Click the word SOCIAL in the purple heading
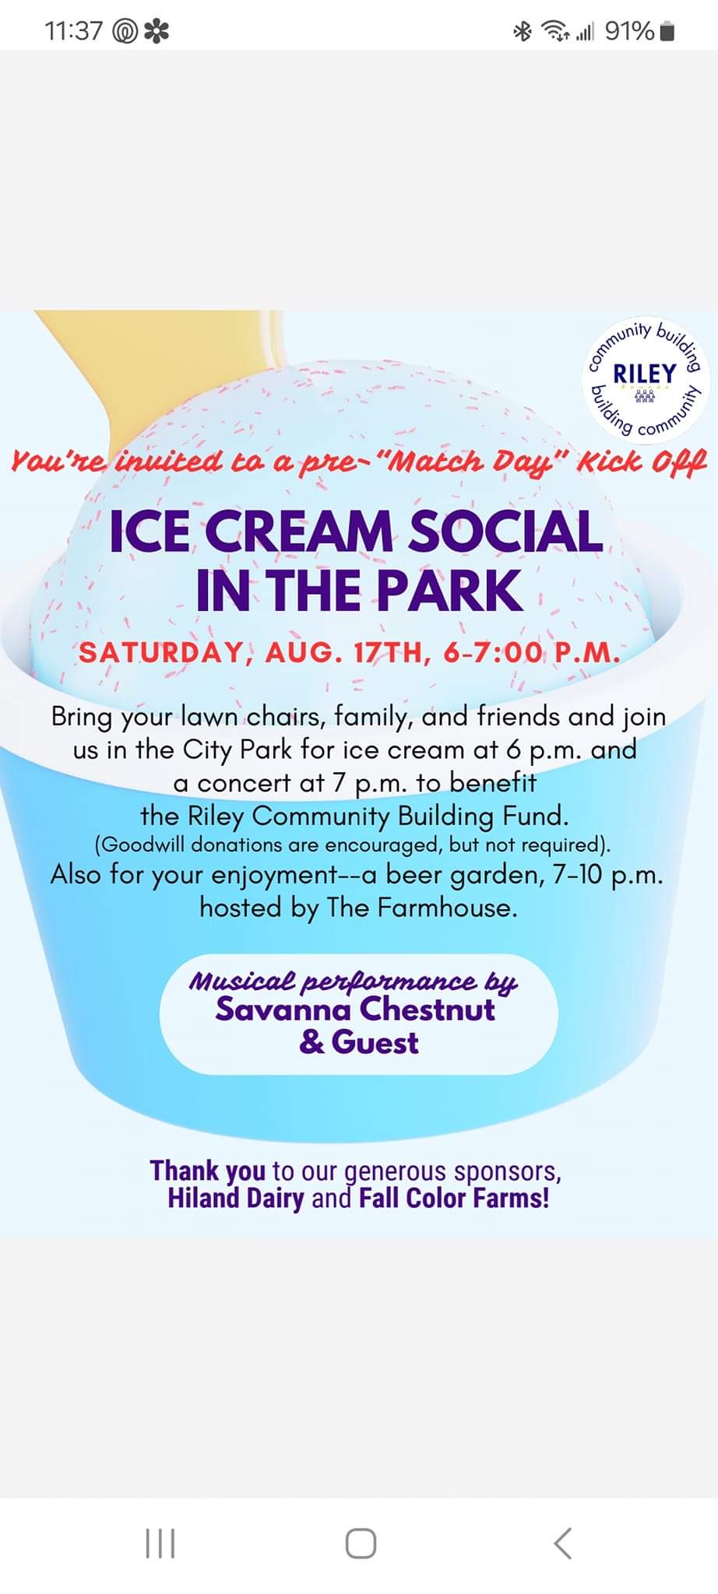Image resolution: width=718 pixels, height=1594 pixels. (x=505, y=532)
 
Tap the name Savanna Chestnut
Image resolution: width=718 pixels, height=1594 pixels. (x=356, y=1009)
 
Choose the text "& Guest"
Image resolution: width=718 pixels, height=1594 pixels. (x=359, y=1042)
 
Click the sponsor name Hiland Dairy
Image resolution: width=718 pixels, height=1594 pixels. (x=235, y=1198)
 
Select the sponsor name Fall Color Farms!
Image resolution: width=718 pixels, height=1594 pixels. (x=454, y=1197)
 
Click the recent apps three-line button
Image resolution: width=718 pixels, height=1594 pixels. (x=160, y=1543)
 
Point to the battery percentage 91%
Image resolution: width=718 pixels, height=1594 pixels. (x=629, y=31)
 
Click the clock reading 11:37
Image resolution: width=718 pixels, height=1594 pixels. (x=74, y=31)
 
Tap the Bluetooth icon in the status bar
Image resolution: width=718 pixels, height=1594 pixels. (x=522, y=31)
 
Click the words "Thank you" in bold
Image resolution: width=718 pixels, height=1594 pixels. (x=207, y=1171)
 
